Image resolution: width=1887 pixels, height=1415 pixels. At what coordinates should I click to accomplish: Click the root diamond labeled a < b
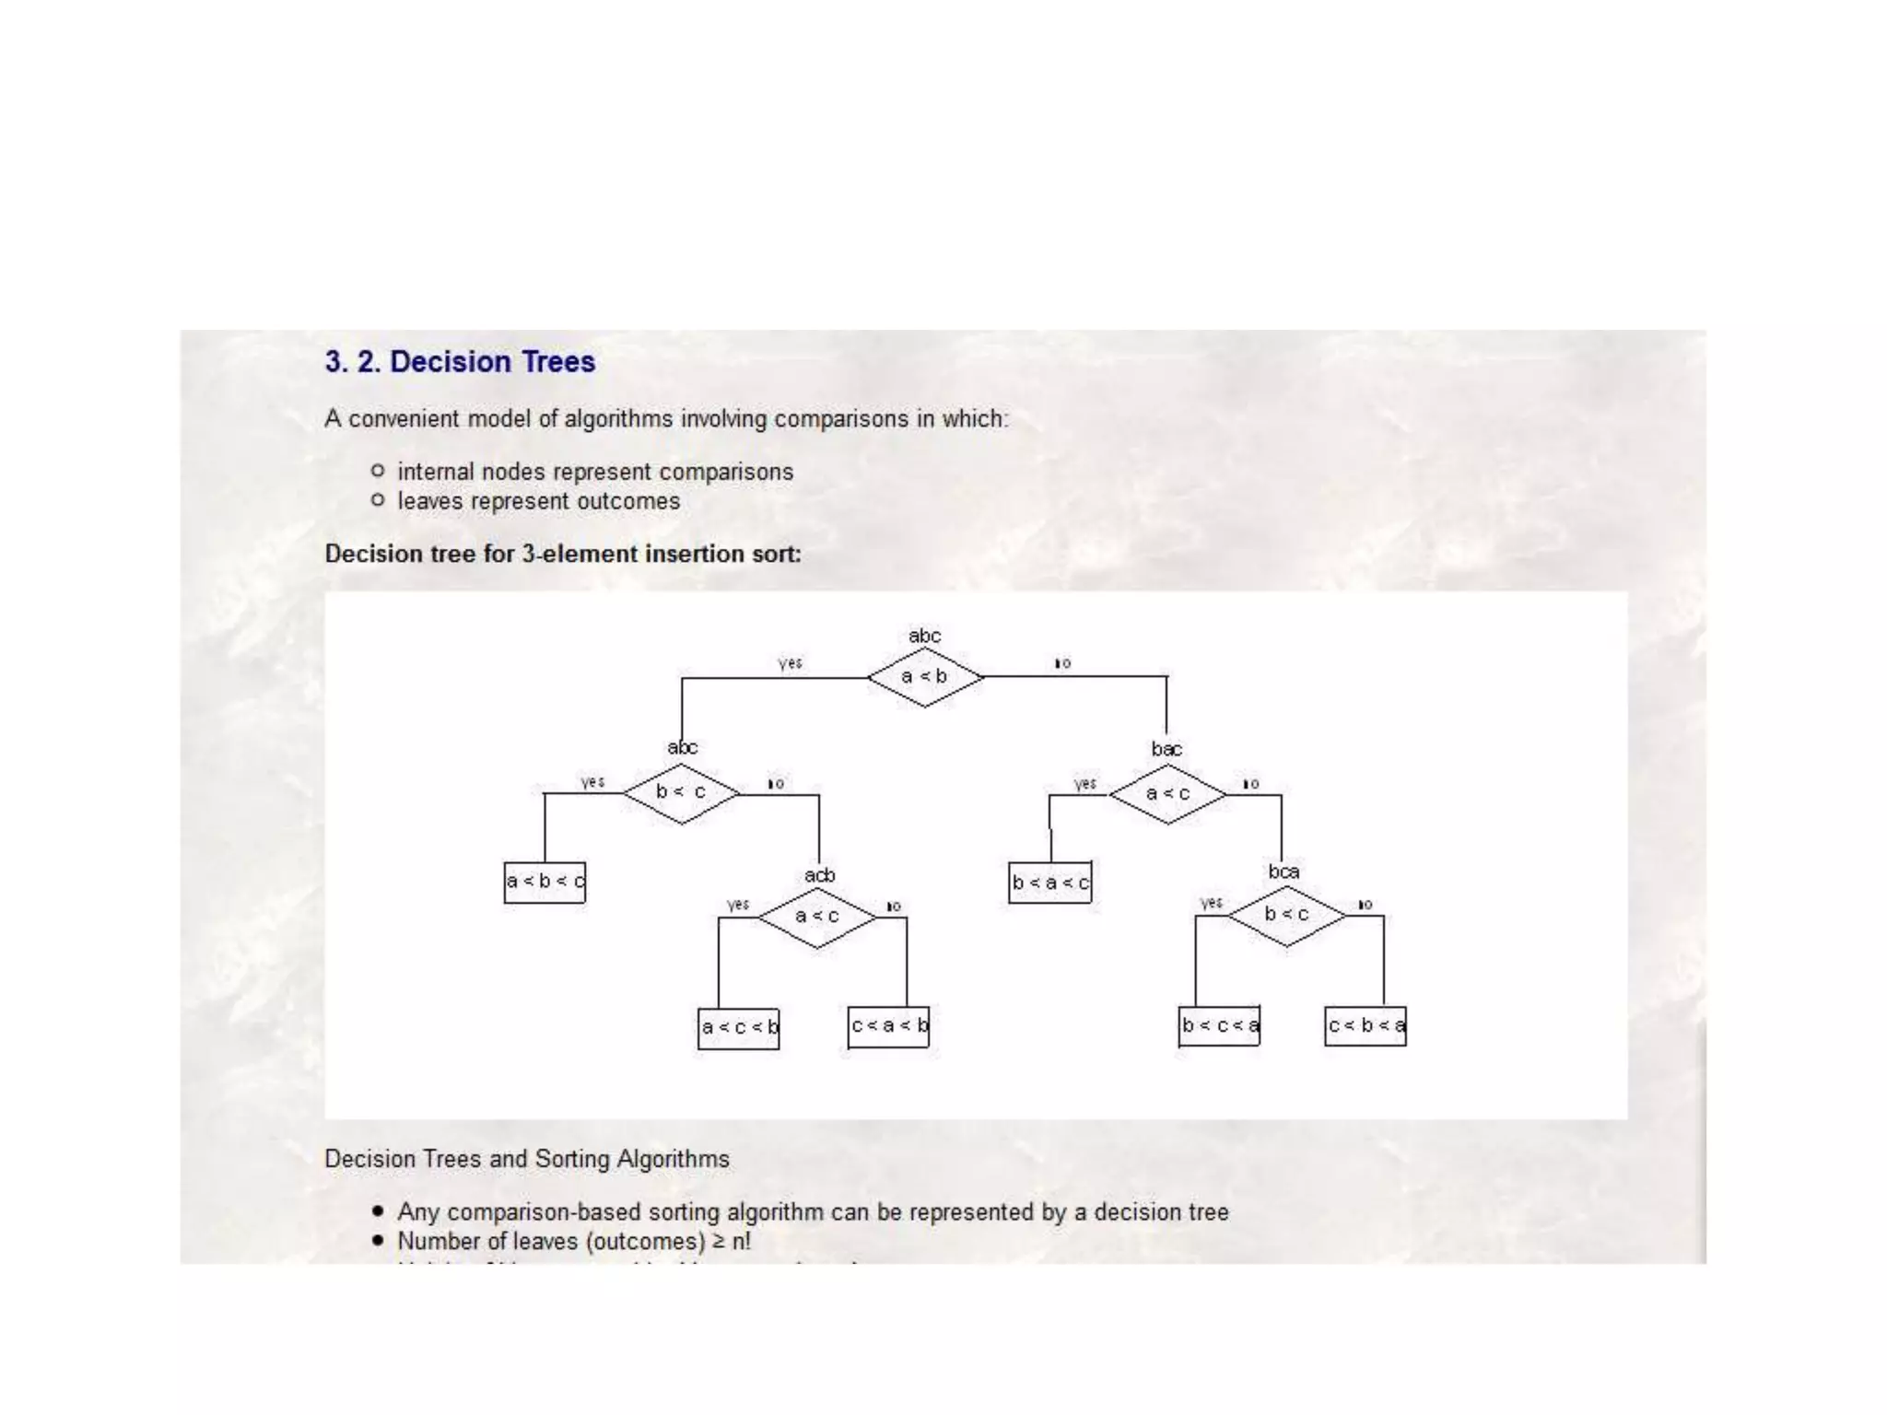tap(924, 677)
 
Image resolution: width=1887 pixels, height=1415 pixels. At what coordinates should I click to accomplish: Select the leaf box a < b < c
tap(545, 882)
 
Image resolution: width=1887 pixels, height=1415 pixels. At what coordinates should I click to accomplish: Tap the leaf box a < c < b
tap(739, 1027)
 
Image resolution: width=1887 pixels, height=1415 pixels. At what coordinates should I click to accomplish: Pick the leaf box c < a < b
tap(889, 1026)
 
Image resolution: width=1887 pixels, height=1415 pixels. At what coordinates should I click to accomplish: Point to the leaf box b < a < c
tap(1050, 883)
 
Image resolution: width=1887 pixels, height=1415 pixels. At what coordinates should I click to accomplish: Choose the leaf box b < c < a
tap(1220, 1026)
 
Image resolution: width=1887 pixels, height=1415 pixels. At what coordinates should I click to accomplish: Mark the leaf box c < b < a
tap(1365, 1026)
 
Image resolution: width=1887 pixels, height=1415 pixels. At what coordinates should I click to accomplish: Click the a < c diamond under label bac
tap(1167, 793)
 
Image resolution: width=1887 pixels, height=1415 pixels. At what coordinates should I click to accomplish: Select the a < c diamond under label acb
tap(816, 917)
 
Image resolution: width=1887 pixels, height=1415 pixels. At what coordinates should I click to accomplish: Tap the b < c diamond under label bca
tap(1286, 915)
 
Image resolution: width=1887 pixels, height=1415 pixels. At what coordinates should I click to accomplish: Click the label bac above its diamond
tap(1166, 749)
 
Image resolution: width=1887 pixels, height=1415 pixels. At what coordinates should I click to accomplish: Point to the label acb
tap(819, 875)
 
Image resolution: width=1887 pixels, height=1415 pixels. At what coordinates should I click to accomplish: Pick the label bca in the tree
tap(1283, 871)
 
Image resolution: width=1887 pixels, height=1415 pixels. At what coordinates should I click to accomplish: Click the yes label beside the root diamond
tap(791, 663)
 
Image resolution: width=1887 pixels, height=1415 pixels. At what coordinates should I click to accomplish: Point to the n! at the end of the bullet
tap(741, 1242)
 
